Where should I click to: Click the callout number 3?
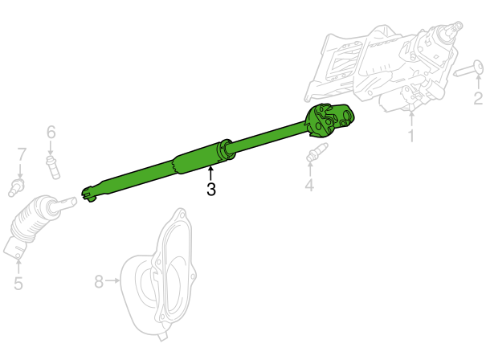point(211,189)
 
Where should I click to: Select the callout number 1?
point(411,135)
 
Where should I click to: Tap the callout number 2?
point(478,98)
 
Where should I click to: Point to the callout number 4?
point(309,185)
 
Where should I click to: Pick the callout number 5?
point(18,284)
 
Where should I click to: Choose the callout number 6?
point(51,132)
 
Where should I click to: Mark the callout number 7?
point(21,154)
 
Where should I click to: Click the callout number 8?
point(99,282)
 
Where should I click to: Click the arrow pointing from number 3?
point(210,174)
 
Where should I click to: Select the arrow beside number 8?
point(112,280)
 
